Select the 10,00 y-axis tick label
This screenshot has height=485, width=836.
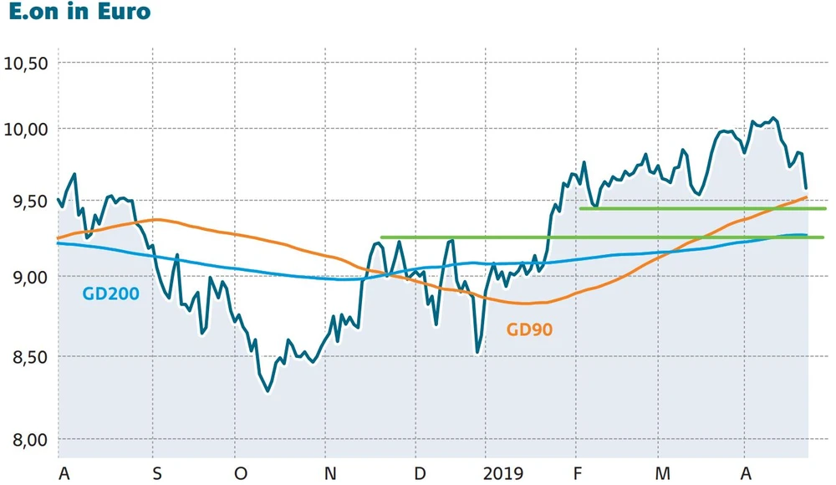28,130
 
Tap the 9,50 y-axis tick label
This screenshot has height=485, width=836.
28,202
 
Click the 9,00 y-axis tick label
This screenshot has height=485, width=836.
28,277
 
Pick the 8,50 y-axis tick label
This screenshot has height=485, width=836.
28,357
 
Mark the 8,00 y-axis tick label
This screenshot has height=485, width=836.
28,440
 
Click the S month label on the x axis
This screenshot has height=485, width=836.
156,474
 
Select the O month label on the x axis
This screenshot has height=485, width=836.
241,474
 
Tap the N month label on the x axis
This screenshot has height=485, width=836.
330,474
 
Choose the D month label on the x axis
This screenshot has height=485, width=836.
420,474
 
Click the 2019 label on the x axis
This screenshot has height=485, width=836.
504,474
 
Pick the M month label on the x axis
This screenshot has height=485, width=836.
663,474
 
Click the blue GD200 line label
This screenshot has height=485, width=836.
110,294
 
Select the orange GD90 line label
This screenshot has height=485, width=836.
530,329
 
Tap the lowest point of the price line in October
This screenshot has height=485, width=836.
268,391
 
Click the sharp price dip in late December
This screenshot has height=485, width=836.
477,352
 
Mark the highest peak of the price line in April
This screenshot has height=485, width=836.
772,118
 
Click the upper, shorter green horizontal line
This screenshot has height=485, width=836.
702,208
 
